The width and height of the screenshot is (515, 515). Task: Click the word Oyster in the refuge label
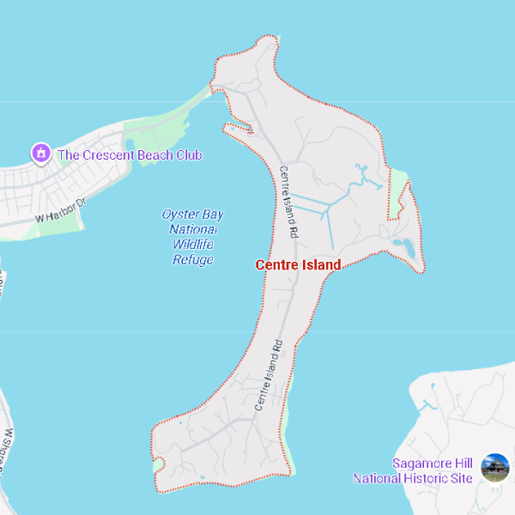pos(181,214)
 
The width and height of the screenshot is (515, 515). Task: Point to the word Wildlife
pos(192,245)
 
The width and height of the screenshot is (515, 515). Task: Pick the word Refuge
pos(192,259)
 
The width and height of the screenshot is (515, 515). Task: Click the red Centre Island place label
pos(298,265)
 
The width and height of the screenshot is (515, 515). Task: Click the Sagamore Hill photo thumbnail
pos(495,468)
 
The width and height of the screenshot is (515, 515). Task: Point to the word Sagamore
pos(421,463)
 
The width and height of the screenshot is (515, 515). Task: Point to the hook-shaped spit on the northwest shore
pos(238,129)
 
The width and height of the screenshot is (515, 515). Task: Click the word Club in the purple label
pos(189,155)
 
